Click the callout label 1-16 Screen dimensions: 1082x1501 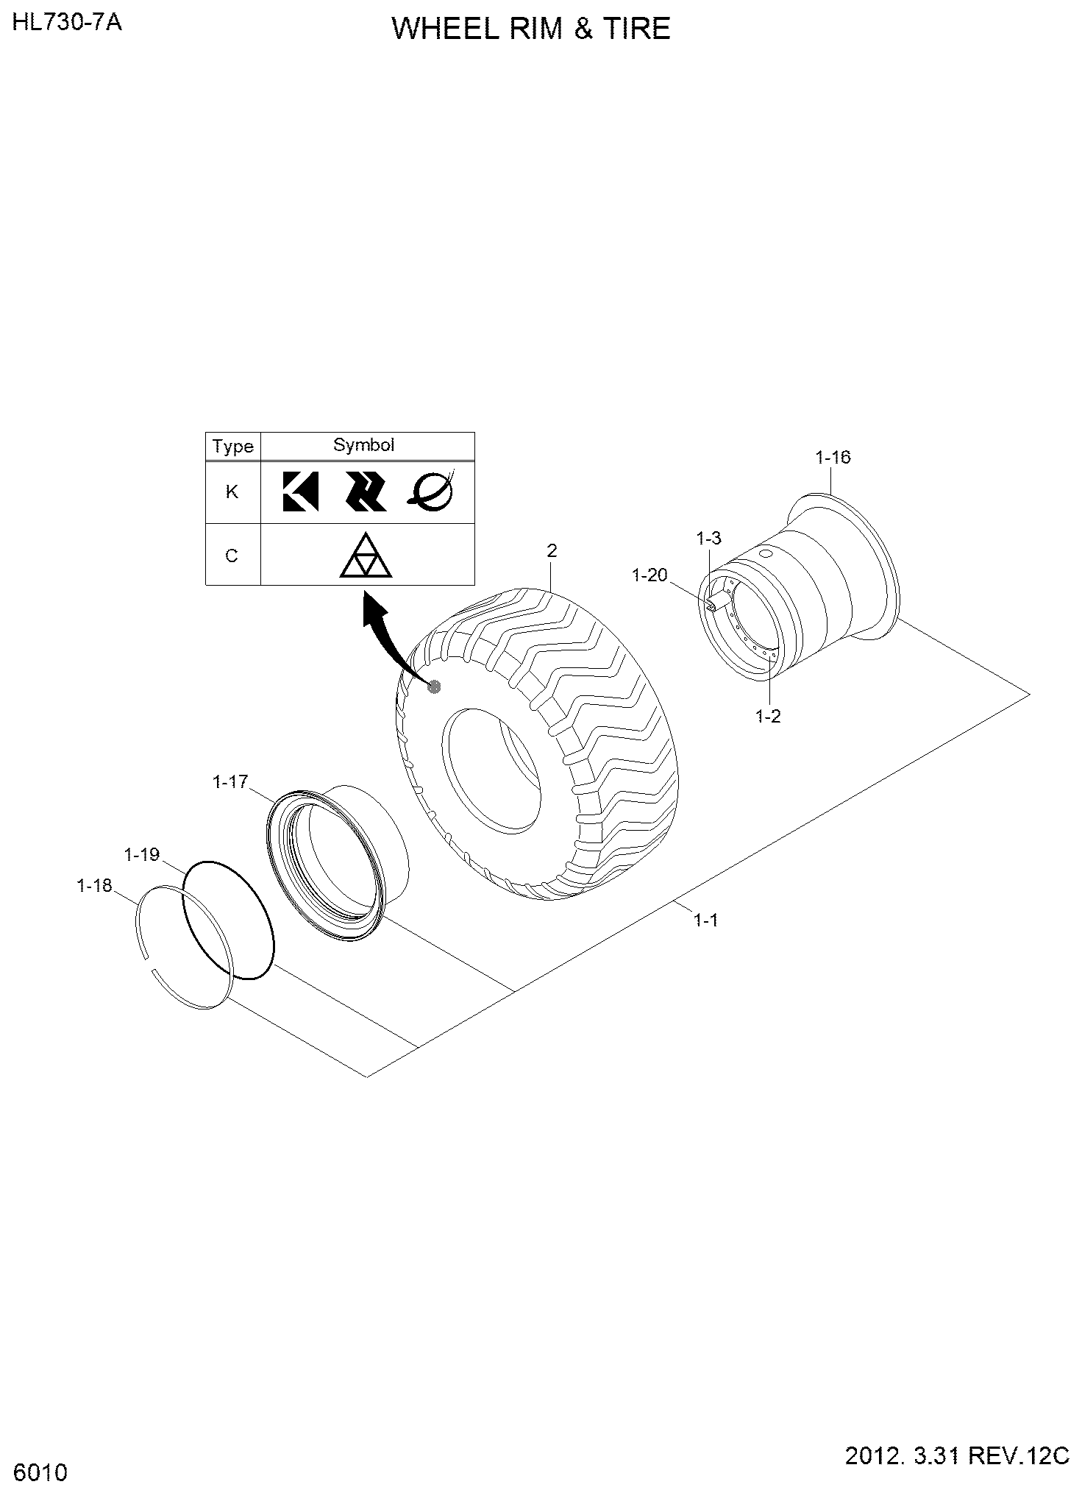click(833, 458)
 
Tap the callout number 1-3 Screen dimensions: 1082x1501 click(709, 539)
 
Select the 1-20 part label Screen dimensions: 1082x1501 click(649, 575)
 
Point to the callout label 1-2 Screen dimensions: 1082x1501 click(768, 716)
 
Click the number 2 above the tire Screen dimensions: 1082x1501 click(552, 550)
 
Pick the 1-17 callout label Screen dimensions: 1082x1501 click(230, 782)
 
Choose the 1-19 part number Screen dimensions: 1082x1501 click(142, 855)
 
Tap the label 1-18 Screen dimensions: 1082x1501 click(94, 886)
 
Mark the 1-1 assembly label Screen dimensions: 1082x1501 click(705, 920)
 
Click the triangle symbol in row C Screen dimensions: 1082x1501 click(366, 556)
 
